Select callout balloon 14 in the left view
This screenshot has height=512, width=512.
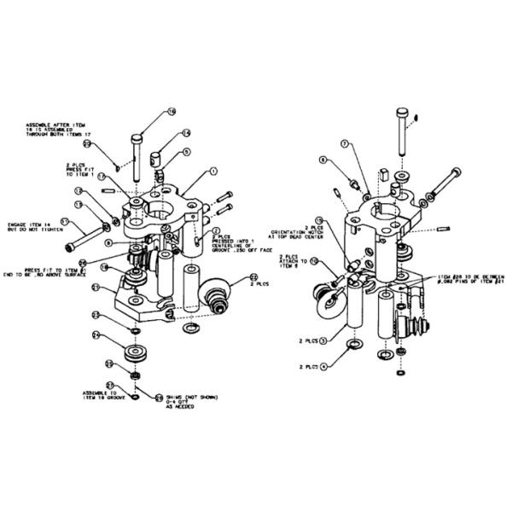point(186,134)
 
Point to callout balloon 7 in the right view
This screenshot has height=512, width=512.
point(346,145)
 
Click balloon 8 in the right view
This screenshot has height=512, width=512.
point(323,160)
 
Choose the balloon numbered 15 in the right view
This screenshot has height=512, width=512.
point(320,220)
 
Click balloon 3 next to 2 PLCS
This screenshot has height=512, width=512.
point(323,340)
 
